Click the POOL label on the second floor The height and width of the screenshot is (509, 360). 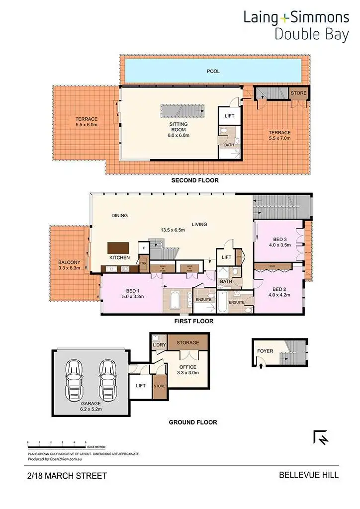tap(213, 72)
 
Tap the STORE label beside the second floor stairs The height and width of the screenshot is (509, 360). tap(299, 93)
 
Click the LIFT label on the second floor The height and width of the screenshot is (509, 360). tap(229, 116)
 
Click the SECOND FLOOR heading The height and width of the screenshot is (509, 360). tap(195, 180)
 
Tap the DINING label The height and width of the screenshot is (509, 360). tap(119, 216)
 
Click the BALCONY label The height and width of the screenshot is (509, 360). tap(69, 265)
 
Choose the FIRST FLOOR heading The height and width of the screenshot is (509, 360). tap(193, 321)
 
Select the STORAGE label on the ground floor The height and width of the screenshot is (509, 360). tap(187, 342)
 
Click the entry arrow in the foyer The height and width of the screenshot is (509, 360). tap(262, 365)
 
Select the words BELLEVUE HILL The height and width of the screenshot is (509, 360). tap(308, 475)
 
